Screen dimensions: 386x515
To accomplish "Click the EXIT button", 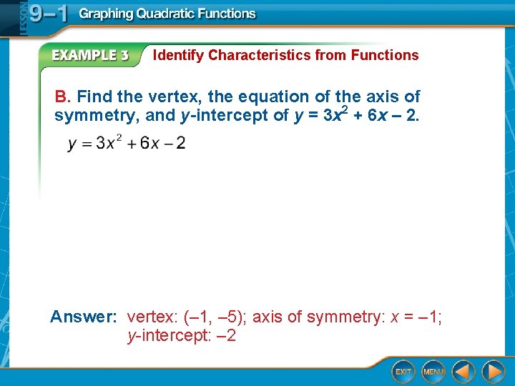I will pos(404,372).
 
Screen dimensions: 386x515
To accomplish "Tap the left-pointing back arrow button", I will pos(463,372).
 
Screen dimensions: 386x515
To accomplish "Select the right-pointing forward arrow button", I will pos(493,372).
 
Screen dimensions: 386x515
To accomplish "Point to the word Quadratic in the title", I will pos(167,14).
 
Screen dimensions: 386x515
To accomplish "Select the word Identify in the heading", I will pos(179,55).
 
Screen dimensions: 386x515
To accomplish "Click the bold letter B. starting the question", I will pos(64,96).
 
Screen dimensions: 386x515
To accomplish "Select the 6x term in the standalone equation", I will pos(150,143).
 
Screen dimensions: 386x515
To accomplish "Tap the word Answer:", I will pos(84,317).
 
